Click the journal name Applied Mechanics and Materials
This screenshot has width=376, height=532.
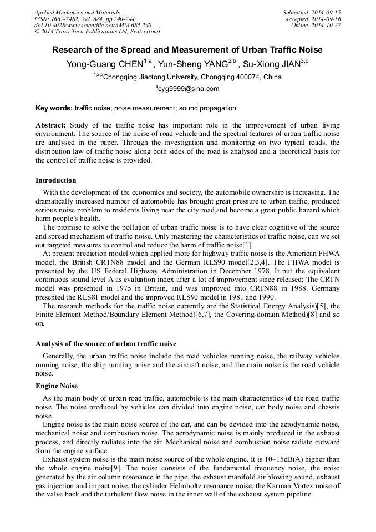77,12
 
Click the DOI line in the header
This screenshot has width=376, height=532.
93,25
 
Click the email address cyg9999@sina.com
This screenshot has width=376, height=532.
189,89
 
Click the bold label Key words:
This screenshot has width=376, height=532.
54,108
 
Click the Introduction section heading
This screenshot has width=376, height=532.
56,180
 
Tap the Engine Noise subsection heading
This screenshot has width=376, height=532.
57,386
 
